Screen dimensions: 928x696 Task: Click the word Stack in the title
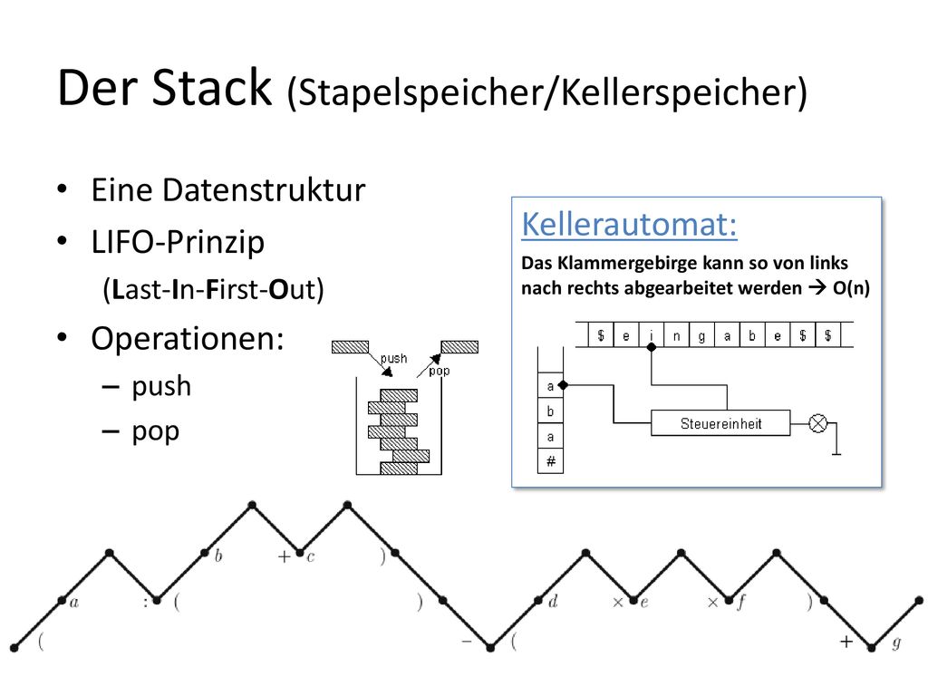point(212,88)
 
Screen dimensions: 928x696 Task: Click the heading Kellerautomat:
point(629,225)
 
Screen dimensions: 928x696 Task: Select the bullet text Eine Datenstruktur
point(228,190)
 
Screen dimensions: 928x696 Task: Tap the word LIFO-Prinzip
point(178,242)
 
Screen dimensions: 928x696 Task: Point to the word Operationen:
point(188,339)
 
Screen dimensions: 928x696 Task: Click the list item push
point(161,386)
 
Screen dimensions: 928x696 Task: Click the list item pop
point(155,432)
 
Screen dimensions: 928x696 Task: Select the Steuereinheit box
point(720,423)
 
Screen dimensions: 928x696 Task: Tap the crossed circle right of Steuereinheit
point(818,423)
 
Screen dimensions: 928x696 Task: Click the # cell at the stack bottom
point(550,461)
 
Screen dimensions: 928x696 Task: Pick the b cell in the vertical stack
point(550,411)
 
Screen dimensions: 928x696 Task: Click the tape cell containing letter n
point(676,335)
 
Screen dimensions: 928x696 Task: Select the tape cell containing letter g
point(702,335)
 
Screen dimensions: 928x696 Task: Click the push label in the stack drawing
point(393,358)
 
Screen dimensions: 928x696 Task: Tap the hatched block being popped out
point(459,347)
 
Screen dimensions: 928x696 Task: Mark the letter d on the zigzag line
point(553,602)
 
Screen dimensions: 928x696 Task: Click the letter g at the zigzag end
point(896,643)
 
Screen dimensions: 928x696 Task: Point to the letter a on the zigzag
point(74,603)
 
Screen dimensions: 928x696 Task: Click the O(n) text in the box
point(851,288)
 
